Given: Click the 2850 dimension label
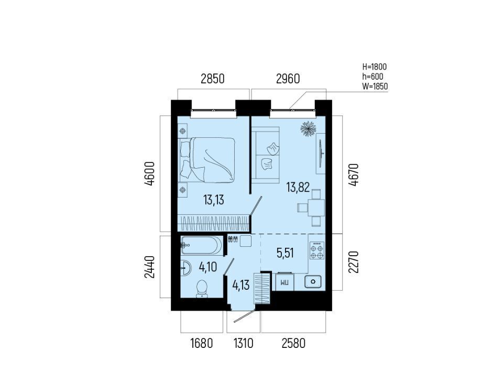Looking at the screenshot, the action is [212, 79].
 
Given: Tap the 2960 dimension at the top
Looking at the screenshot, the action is [288, 79].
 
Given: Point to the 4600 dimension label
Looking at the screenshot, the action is [150, 174].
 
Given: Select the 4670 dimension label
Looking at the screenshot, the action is [354, 175].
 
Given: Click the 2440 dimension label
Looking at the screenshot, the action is [150, 267].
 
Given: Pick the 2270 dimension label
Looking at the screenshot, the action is [354, 262].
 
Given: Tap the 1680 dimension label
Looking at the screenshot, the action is [202, 344].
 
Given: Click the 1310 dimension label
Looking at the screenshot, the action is [244, 344].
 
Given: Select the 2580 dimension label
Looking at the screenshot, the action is [293, 344].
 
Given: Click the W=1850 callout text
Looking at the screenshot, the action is [375, 86].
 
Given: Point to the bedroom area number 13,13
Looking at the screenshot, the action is [214, 200].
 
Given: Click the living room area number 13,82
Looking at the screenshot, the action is [298, 187].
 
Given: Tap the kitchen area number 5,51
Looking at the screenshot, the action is [285, 253].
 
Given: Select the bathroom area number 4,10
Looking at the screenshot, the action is [208, 267].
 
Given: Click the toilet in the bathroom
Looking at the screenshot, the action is [202, 289].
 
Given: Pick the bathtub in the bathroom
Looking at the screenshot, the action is [201, 246].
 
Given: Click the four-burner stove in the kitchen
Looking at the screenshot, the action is [317, 250].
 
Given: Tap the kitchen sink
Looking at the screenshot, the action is [313, 282].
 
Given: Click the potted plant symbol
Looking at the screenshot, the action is [309, 129].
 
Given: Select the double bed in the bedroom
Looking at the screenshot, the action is [208, 160].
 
